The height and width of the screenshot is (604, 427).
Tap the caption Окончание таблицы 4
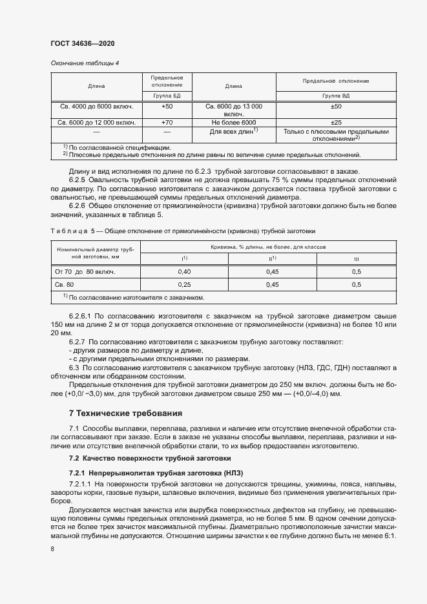tap(84, 63)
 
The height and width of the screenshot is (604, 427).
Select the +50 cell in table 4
tap(167, 106)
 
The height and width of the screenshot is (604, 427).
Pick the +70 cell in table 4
tap(167, 122)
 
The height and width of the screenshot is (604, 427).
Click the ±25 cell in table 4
tap(336, 122)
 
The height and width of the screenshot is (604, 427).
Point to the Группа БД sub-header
tap(167, 96)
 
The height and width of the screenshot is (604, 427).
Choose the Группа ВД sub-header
tap(336, 96)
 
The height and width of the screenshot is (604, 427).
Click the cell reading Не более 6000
tap(234, 122)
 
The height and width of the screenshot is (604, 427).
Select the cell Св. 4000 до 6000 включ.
tap(96, 106)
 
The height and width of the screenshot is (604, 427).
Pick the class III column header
tap(356, 259)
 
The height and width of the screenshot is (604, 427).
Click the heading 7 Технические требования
tap(125, 413)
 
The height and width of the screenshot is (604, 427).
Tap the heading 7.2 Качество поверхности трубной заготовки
tap(149, 458)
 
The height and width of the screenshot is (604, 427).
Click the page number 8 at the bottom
tap(52, 548)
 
